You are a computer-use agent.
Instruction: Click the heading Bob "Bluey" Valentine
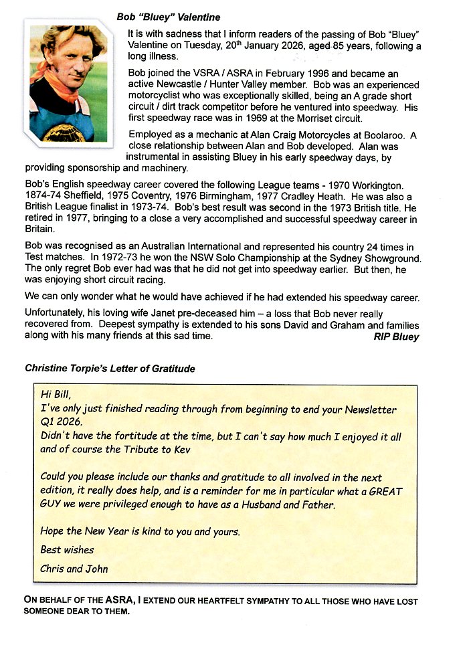pyautogui.click(x=168, y=17)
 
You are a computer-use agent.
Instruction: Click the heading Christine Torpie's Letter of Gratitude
pyautogui.click(x=110, y=369)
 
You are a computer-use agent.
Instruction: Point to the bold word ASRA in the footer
pyautogui.click(x=104, y=600)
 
